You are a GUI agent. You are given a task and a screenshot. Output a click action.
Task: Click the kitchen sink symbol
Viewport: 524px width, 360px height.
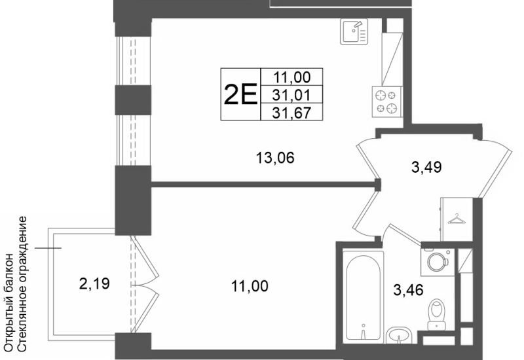[354, 31]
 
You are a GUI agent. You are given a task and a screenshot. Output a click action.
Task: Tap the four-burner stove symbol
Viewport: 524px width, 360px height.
[387, 102]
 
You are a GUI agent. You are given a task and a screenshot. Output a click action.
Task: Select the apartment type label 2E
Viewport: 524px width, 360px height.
[240, 94]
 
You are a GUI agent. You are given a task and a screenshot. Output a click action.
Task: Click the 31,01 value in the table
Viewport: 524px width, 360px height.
[291, 95]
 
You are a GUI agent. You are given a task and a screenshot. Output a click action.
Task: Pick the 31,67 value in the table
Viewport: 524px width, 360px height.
[291, 113]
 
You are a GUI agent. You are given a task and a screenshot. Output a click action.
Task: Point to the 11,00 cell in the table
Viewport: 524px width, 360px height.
[291, 77]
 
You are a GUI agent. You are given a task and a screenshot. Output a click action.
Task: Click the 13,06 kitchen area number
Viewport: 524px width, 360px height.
[275, 158]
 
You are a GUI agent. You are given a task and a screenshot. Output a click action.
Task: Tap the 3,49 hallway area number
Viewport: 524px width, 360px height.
[426, 167]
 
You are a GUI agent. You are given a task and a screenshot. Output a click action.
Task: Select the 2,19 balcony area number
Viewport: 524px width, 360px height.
[94, 284]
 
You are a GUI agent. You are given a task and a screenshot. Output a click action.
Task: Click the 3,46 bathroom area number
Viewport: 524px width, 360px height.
[408, 290]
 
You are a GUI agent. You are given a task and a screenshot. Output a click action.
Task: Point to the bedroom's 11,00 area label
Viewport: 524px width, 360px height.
[250, 287]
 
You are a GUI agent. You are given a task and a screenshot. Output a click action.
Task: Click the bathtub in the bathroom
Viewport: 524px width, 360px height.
[363, 297]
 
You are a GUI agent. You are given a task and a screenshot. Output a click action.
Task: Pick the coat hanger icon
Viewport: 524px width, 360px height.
[457, 219]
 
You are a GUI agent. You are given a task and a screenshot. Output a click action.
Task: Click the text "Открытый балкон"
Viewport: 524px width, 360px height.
[10, 302]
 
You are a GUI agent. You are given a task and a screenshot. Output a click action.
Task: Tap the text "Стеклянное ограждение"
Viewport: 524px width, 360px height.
[22, 284]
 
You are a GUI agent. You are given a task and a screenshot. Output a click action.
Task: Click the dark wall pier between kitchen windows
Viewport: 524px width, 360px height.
[133, 100]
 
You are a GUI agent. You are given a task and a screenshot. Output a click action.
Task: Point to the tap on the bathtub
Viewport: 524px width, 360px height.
[364, 331]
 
